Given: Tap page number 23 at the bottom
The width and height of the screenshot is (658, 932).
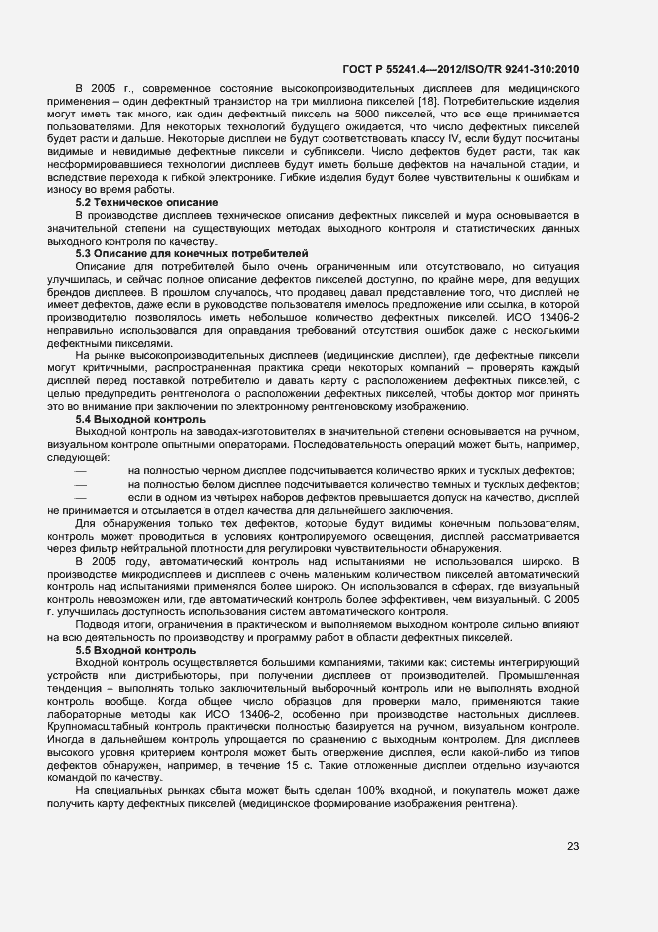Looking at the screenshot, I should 573,846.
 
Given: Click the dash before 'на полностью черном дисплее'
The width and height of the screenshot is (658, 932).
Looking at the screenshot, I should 81,473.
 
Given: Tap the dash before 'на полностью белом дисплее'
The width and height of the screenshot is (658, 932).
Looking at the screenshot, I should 81,486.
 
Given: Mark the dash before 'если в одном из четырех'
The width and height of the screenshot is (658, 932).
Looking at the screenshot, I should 81,499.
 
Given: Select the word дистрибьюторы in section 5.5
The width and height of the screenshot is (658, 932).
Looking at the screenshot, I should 160,676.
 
